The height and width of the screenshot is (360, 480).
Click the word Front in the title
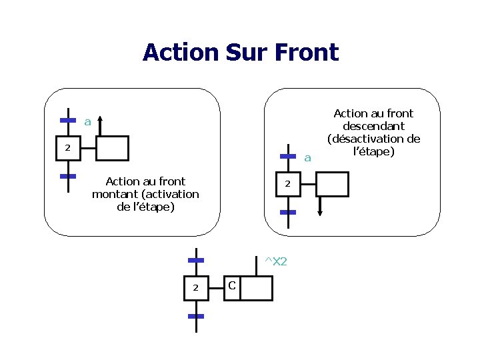[306, 52]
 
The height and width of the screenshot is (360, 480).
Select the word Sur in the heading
[249, 52]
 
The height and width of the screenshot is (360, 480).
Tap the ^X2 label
[275, 261]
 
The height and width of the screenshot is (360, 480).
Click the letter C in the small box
[231, 286]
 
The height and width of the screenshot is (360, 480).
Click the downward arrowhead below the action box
[320, 212]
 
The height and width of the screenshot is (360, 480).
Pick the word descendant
[373, 126]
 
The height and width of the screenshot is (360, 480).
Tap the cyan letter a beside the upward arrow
[87, 122]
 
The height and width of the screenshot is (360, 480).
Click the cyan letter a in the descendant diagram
[307, 158]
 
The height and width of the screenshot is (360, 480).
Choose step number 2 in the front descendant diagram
[287, 183]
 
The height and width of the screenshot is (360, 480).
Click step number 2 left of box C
[195, 287]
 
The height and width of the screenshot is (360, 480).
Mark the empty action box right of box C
[257, 288]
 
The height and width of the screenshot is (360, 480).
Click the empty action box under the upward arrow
[112, 148]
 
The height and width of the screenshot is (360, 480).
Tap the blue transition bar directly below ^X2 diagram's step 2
[195, 315]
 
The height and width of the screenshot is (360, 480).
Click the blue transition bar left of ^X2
[195, 259]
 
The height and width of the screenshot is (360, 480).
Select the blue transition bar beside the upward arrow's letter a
[68, 121]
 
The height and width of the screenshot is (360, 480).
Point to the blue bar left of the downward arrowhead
[288, 212]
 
